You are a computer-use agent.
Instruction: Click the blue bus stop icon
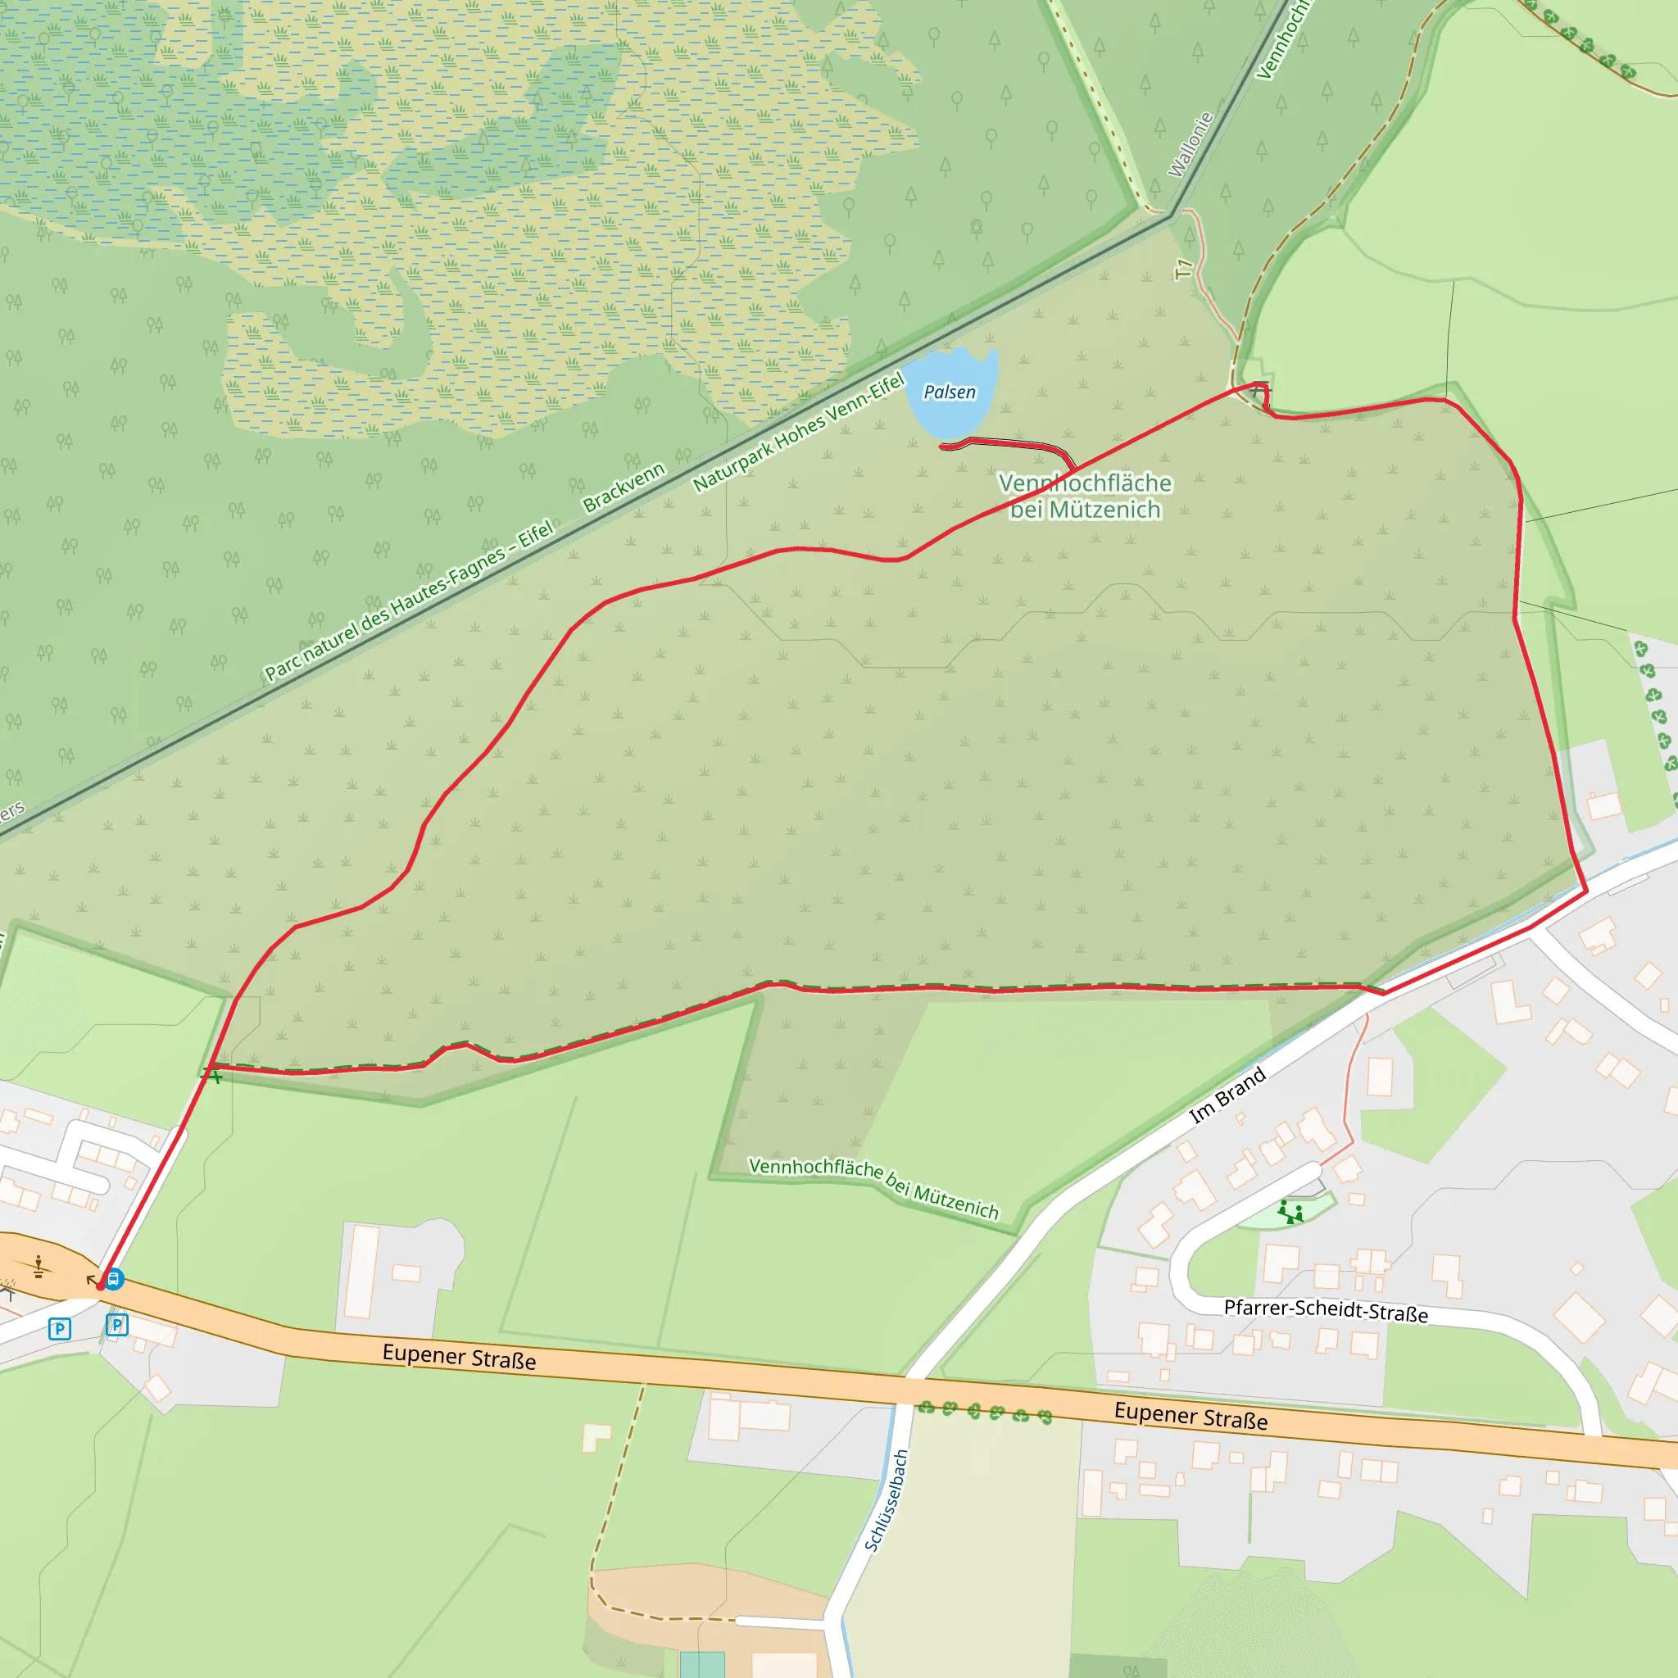pos(114,1278)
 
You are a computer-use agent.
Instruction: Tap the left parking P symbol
pos(59,1329)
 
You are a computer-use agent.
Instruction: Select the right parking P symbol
pos(116,1325)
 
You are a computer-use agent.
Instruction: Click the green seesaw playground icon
pos(1290,1212)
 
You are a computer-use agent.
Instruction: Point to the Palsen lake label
pos(950,392)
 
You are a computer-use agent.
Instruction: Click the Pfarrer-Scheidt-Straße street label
pos(1326,1311)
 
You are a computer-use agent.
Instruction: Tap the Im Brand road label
pos(1227,1096)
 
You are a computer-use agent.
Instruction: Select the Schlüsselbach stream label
pos(887,1500)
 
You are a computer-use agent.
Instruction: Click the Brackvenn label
pos(624,488)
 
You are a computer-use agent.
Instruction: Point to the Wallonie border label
pos(1190,145)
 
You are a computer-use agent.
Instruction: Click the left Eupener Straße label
pos(459,1357)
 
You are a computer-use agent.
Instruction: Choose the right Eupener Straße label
pos(1190,1416)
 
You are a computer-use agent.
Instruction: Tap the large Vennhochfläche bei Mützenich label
pos(1085,496)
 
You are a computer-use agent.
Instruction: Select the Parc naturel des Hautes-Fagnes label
pos(408,599)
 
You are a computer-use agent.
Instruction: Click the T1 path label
pos(1183,270)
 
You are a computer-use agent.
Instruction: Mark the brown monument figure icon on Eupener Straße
pos(39,1268)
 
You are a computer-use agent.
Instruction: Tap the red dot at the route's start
pos(102,1286)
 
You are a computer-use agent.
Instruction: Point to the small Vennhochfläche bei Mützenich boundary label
pos(873,1188)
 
